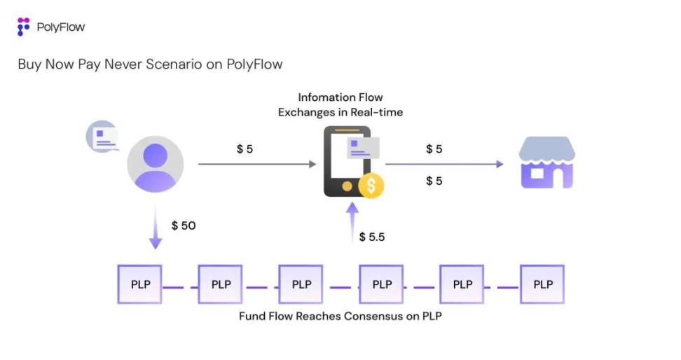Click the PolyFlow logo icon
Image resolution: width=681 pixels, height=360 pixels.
click(24, 27)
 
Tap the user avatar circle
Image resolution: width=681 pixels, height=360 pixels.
click(155, 165)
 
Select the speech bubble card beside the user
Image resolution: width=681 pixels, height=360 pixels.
click(103, 136)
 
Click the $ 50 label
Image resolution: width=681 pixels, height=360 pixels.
click(184, 226)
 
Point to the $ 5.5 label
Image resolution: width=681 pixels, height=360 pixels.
click(372, 237)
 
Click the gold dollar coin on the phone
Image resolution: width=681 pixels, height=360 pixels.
click(371, 186)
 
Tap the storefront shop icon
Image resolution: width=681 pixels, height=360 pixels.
click(546, 163)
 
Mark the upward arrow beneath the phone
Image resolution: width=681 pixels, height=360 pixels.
click(353, 223)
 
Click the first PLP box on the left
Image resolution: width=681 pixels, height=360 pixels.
click(139, 284)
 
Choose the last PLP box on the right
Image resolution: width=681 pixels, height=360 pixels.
click(542, 284)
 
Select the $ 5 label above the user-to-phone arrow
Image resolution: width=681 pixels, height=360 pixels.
click(245, 149)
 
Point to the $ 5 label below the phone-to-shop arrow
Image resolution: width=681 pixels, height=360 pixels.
click(434, 181)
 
